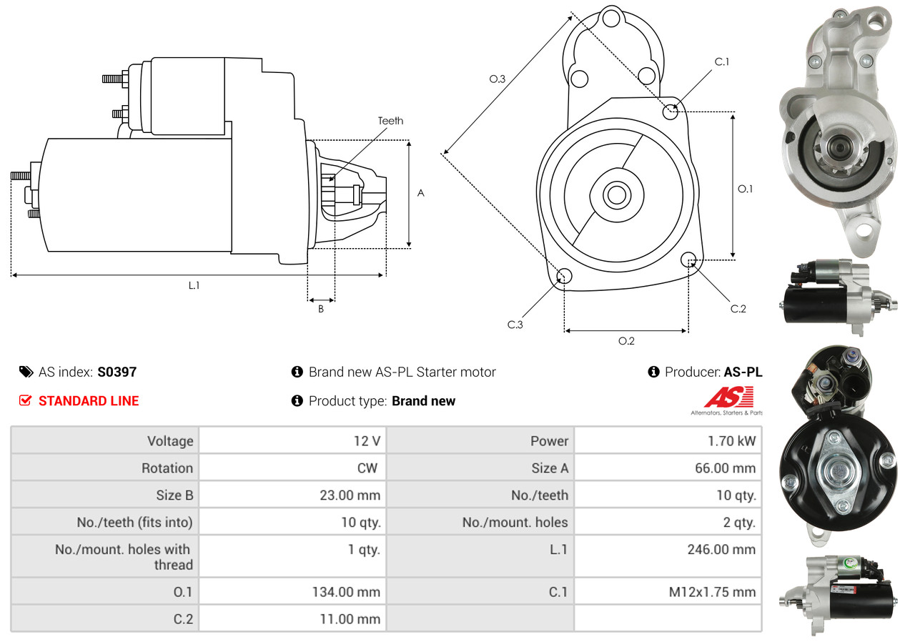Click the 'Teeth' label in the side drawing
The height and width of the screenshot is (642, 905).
click(390, 121)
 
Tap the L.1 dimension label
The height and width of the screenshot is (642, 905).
click(194, 285)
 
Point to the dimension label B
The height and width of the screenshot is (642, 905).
click(321, 310)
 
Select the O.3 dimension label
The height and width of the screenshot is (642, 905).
click(498, 79)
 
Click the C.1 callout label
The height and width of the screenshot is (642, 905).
click(722, 61)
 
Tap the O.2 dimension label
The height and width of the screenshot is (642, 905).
click(626, 341)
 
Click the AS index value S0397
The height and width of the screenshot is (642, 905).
click(117, 372)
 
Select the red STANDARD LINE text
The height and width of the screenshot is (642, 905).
click(89, 401)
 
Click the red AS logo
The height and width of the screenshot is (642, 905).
click(728, 397)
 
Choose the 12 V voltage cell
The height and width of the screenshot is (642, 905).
click(367, 441)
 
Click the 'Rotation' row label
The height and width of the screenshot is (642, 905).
click(167, 468)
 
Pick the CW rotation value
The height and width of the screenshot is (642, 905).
click(370, 468)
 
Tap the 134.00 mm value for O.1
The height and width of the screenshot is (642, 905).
click(346, 592)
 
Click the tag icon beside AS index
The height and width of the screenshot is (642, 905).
click(26, 372)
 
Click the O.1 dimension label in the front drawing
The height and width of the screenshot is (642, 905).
click(745, 189)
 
